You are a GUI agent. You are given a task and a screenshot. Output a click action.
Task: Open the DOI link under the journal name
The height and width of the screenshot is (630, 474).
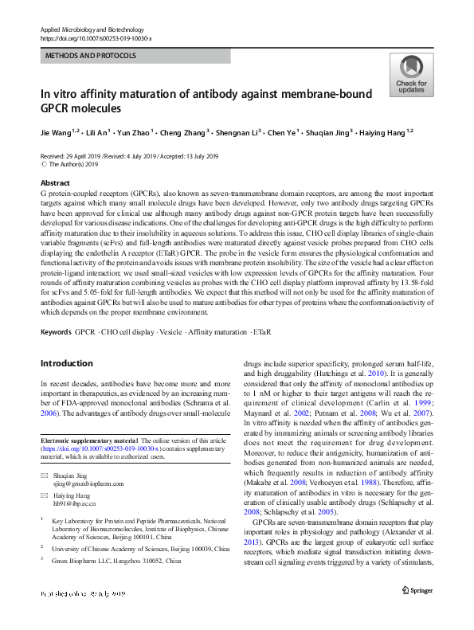click(95, 38)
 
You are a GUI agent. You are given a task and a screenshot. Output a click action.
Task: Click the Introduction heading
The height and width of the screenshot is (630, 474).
click(66, 363)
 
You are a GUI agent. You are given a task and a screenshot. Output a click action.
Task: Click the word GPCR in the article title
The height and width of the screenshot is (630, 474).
click(60, 108)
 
